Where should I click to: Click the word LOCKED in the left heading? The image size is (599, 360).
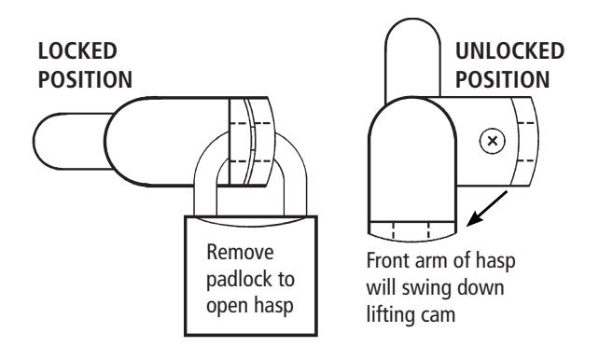77,51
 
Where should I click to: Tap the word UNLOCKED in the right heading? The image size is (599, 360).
509,51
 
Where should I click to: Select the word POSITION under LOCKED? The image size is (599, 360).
85,80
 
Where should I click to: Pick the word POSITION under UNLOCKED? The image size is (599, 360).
502,80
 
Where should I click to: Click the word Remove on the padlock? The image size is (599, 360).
241,253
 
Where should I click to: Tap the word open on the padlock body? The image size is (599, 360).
226,307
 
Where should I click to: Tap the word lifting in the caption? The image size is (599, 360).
390,315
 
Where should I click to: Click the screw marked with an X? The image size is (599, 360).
493,141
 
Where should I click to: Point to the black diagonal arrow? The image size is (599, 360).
487,208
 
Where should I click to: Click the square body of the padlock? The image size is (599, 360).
251,276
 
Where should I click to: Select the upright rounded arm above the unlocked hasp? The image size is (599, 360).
413,57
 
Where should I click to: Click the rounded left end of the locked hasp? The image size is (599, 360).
42,141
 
